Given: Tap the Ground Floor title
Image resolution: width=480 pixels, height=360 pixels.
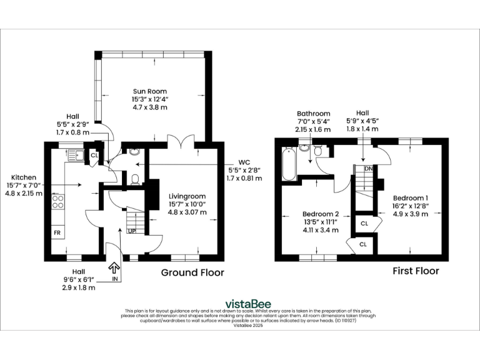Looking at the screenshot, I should tap(192, 272).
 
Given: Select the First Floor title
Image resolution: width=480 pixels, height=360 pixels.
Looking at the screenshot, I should tap(415, 271).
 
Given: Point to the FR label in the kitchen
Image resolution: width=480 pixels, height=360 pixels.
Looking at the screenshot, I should tap(56, 233).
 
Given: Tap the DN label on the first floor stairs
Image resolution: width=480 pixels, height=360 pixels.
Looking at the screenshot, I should tap(369, 169).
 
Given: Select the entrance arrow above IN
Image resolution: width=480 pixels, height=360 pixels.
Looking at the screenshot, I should tap(114, 267).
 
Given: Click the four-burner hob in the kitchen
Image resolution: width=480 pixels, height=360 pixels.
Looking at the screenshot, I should tap(57, 202).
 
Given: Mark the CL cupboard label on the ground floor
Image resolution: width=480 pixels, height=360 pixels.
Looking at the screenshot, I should tap(94, 154).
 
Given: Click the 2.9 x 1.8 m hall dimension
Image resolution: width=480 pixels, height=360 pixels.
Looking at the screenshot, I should tap(78, 288).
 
